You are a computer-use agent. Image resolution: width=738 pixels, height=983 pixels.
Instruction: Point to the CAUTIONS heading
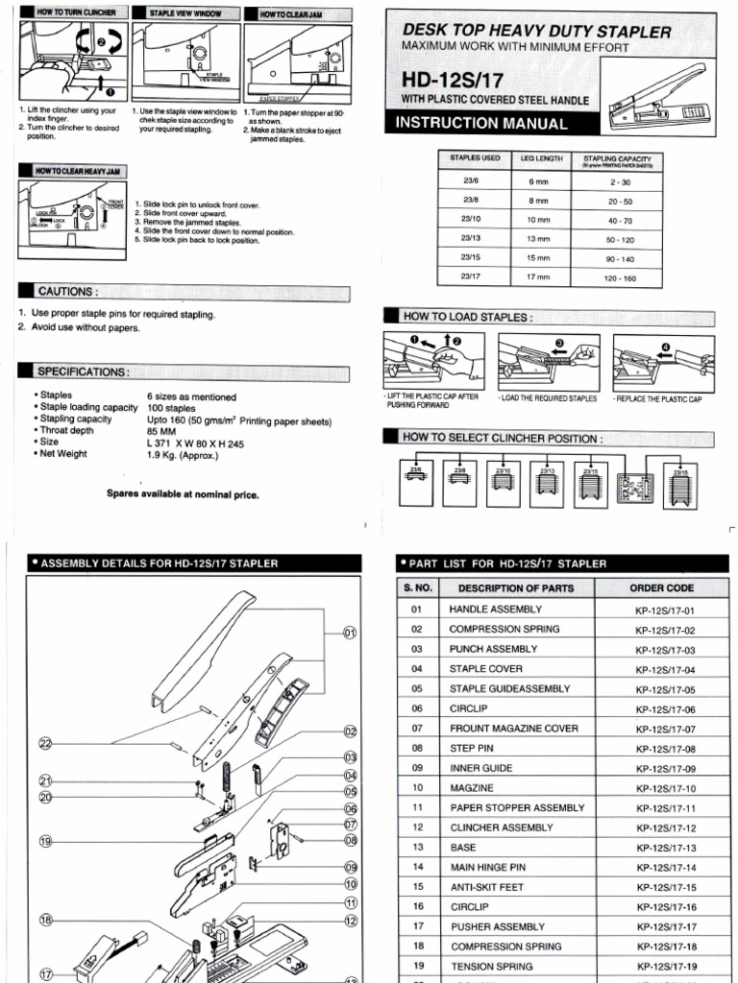tap(66, 291)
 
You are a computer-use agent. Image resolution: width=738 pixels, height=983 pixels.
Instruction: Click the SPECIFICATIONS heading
tap(81, 372)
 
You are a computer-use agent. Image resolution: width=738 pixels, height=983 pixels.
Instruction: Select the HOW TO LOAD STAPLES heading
tap(467, 317)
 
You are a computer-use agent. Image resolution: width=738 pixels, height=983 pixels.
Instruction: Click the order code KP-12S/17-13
tap(664, 848)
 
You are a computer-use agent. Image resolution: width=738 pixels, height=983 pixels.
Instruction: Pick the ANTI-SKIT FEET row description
tap(486, 887)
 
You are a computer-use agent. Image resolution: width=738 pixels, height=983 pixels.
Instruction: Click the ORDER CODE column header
tap(664, 587)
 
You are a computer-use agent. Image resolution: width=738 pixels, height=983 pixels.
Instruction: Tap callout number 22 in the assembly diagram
tap(45, 743)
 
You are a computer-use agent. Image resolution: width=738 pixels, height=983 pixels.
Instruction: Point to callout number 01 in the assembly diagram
tap(350, 633)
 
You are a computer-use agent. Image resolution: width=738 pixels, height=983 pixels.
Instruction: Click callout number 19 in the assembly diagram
tap(45, 842)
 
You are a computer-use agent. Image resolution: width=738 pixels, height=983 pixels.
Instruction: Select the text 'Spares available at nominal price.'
tap(183, 495)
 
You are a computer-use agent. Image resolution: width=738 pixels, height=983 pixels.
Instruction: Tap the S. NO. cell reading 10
tap(417, 788)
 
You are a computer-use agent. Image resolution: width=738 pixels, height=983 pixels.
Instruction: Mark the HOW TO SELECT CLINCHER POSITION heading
tap(504, 438)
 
